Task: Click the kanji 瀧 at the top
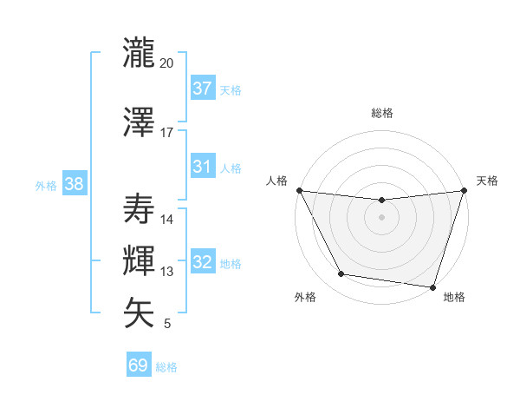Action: (140, 53)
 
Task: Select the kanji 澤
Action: (140, 122)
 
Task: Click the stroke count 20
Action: (167, 63)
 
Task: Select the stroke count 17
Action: (167, 133)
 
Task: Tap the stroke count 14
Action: (167, 220)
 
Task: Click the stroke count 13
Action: (167, 272)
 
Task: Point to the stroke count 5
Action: (167, 324)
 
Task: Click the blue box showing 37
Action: (202, 89)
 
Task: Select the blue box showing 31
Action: (202, 167)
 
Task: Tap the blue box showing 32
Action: (202, 262)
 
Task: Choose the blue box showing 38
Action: (74, 184)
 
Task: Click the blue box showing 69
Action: (138, 365)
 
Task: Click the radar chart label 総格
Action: (381, 113)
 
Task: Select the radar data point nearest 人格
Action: (299, 190)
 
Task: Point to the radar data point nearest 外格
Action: (341, 274)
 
